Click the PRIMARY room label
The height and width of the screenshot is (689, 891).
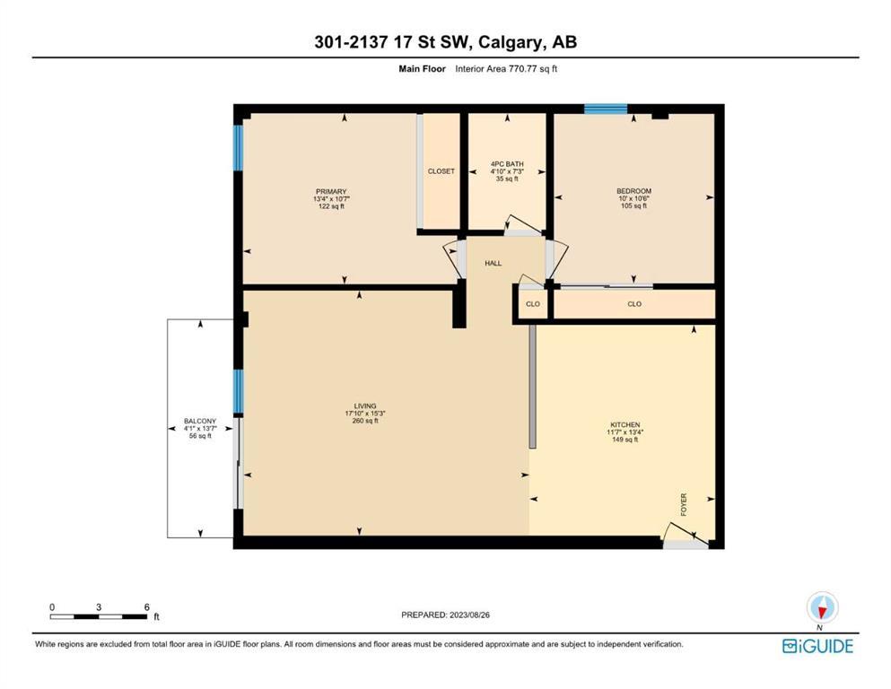[331, 192]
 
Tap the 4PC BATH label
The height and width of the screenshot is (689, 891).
[507, 164]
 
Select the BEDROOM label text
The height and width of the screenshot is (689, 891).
[633, 191]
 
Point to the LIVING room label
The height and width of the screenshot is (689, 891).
[365, 406]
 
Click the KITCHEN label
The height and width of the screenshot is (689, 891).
[625, 425]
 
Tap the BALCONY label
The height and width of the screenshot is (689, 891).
[200, 422]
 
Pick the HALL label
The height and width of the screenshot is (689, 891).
[494, 264]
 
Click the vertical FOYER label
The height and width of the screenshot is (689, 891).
[684, 504]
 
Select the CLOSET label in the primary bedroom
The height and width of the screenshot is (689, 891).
[441, 171]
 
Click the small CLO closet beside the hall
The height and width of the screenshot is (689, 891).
[533, 304]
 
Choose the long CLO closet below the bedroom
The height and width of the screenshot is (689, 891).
[634, 304]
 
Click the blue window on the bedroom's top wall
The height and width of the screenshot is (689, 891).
[606, 109]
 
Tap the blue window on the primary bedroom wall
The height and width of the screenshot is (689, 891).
[239, 148]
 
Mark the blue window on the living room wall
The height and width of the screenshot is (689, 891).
[239, 391]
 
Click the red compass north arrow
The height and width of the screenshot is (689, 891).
[822, 612]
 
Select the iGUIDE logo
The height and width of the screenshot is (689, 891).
[817, 647]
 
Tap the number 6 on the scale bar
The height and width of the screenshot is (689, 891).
[146, 607]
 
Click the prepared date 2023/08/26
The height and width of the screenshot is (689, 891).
[469, 615]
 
